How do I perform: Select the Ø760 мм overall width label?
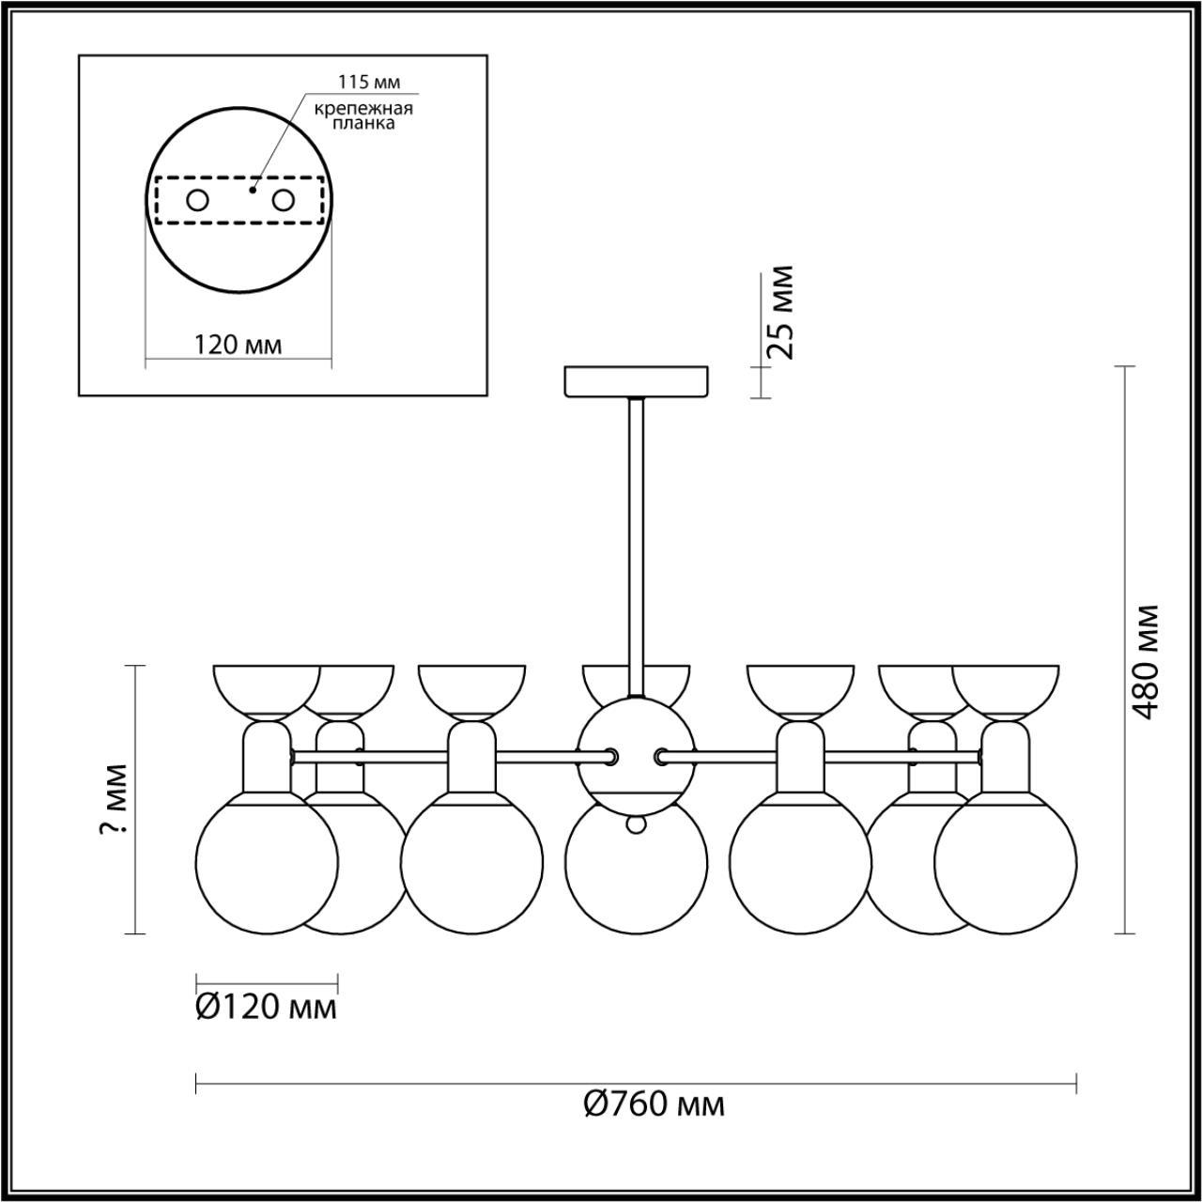click(654, 1104)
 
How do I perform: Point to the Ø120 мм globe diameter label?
click(266, 1008)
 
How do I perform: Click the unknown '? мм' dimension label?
click(116, 799)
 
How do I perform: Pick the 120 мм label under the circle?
click(238, 345)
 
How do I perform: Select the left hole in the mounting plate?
click(198, 200)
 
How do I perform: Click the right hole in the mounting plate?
click(284, 200)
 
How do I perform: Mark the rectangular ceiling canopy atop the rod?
click(636, 382)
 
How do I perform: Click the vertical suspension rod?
click(637, 545)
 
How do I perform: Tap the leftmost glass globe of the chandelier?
click(266, 863)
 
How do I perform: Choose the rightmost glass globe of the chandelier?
click(1005, 864)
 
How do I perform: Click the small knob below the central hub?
click(637, 824)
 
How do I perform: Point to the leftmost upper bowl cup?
click(267, 690)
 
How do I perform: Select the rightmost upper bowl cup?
click(1006, 690)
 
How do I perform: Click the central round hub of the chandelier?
click(637, 747)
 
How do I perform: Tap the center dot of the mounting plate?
click(252, 189)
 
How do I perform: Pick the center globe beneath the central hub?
click(636, 873)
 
